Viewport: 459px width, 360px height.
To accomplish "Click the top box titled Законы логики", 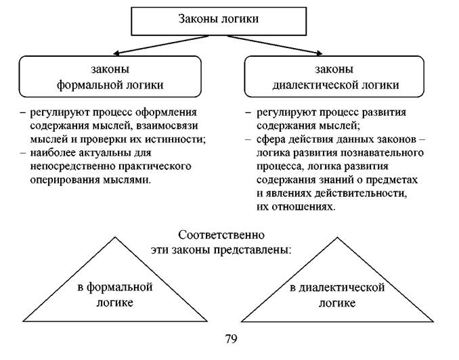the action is coord(219,21).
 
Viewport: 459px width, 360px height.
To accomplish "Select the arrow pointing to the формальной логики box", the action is coord(161,45).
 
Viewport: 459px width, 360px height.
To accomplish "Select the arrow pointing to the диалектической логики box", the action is coord(275,45).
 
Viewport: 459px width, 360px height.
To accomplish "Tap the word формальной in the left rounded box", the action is coord(91,85).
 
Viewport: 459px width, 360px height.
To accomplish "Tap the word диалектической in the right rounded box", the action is coord(315,85).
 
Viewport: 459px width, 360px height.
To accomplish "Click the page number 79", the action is coord(231,339).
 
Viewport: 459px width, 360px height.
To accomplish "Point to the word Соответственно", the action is coord(221,235).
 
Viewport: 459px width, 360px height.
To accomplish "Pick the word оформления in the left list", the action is coord(167,113).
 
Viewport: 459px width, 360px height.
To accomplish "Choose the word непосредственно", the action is coord(73,166).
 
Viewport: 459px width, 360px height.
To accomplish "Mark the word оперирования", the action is coord(65,180).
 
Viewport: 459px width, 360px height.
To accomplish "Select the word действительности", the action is coord(360,194).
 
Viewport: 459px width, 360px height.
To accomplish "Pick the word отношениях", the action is coord(304,207).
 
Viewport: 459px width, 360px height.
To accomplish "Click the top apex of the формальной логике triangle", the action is coord(115,238).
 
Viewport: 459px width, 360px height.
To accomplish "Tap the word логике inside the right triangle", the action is coord(337,303).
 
